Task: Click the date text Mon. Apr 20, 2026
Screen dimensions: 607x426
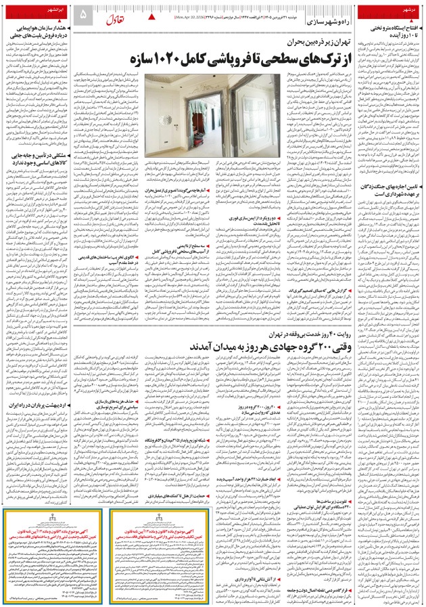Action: pos(193,14)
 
